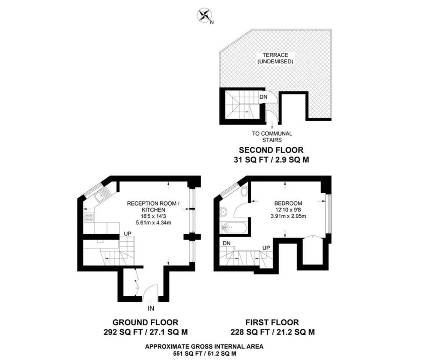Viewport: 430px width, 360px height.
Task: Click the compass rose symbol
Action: [204, 15]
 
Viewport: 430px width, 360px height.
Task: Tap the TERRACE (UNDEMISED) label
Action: [275, 58]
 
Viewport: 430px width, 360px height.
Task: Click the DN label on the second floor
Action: [263, 97]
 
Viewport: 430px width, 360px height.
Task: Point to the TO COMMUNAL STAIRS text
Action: [272, 137]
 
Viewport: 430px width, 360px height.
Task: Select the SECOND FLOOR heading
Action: [271, 150]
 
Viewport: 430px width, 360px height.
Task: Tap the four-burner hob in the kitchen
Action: [89, 217]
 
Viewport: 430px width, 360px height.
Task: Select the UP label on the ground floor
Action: [128, 233]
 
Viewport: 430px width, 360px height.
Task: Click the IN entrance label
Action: [151, 308]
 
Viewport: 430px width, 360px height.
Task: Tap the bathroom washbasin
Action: [223, 211]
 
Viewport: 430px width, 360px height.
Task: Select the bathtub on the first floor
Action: [233, 227]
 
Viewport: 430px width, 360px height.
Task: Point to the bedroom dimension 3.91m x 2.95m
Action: [288, 216]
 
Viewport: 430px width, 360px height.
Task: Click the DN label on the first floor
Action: [226, 243]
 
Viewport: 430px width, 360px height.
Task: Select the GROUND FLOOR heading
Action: [145, 322]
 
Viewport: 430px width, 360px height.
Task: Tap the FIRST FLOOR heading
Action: [272, 322]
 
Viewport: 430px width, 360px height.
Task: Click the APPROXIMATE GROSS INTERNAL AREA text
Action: [205, 347]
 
